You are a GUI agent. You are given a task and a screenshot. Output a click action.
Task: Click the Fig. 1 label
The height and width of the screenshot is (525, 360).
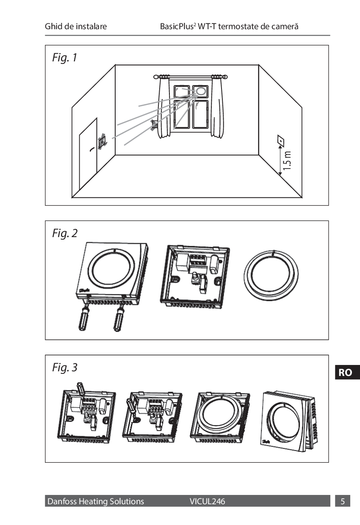[65, 58]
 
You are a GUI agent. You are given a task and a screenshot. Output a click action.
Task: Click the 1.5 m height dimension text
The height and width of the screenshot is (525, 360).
[288, 160]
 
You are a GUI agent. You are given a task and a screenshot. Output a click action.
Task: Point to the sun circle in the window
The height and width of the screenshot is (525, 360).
[200, 91]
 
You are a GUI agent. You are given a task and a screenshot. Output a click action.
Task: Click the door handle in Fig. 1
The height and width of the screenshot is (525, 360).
[91, 149]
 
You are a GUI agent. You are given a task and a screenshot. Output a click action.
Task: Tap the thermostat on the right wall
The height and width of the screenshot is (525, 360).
[280, 141]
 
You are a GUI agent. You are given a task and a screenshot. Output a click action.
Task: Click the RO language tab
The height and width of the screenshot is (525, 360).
[345, 373]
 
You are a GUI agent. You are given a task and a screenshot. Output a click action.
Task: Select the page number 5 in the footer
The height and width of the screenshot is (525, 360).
[343, 502]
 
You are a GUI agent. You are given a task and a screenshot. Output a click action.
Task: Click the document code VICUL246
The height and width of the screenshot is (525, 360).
[208, 502]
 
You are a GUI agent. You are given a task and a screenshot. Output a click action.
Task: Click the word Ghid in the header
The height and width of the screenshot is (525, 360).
[53, 27]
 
